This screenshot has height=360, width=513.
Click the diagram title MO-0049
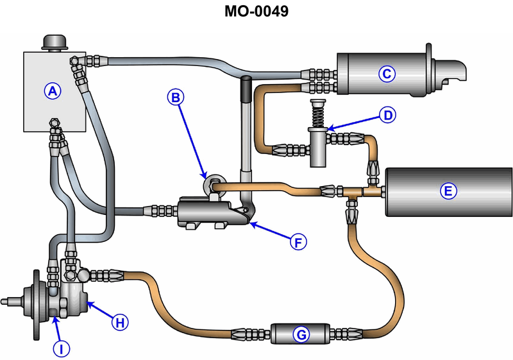[x=256, y=12]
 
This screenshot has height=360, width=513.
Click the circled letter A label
[x=53, y=91]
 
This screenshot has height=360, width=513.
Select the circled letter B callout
[x=176, y=97]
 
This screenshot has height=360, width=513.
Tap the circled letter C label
[x=386, y=74]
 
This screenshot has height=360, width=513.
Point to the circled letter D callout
[x=387, y=115]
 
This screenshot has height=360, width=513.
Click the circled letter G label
[x=299, y=334]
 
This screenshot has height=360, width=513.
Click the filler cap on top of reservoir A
[x=55, y=42]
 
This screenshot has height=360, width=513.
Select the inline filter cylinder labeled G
[x=299, y=334]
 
